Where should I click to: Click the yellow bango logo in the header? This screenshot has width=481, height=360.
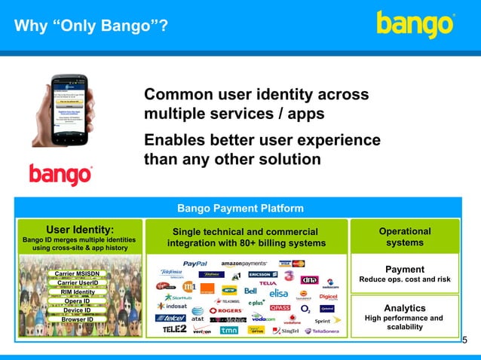tap(415, 24)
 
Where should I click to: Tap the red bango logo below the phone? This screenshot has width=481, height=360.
tap(60, 174)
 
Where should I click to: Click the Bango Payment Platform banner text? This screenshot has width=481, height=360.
tap(240, 208)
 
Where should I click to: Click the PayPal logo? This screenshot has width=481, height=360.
tap(195, 264)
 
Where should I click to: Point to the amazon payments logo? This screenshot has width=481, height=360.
tap(244, 264)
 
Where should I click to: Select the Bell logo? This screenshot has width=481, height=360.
tap(250, 291)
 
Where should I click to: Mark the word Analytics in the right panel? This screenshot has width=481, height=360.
tap(404, 308)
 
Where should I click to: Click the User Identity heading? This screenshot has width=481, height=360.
tap(80, 230)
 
